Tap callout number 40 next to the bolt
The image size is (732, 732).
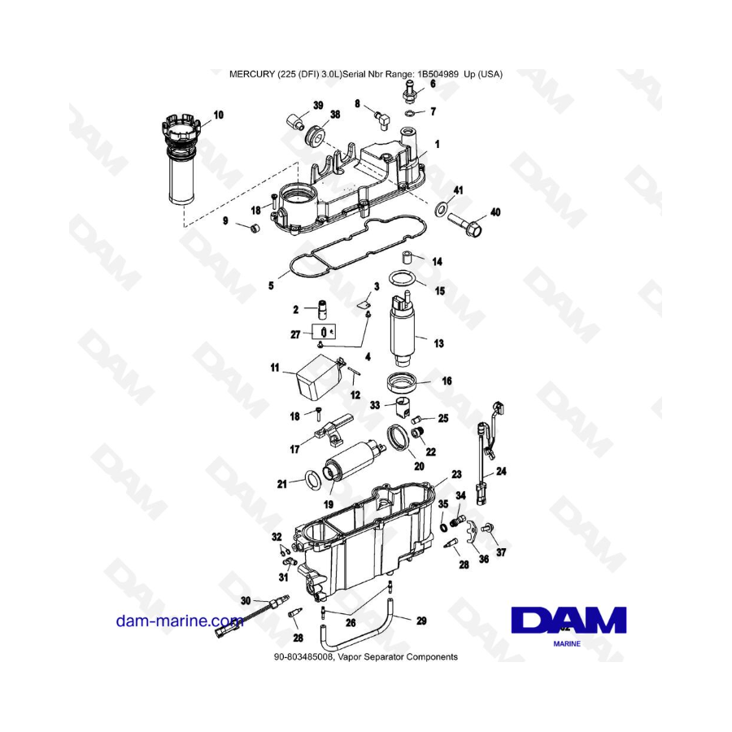[495, 213]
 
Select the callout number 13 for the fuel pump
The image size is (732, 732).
[438, 344]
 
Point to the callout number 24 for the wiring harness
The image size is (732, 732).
[500, 472]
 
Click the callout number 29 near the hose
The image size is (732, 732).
[420, 621]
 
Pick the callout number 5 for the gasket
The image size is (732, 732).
[272, 285]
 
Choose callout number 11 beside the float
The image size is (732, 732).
[276, 369]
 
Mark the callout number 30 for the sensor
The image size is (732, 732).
[246, 600]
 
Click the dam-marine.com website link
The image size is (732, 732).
[180, 622]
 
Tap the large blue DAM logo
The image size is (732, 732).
[569, 621]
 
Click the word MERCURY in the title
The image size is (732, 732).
[256, 73]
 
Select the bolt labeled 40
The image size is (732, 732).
[464, 220]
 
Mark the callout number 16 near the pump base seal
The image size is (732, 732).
[446, 381]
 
